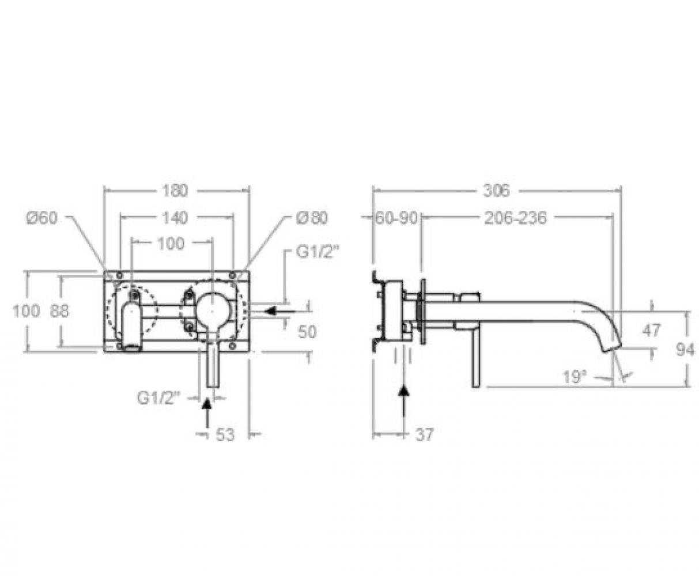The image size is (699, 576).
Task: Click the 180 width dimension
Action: click(175, 191)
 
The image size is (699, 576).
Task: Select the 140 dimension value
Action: click(175, 218)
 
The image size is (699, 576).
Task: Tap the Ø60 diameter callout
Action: click(42, 218)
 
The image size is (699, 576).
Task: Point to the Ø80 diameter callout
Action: click(312, 218)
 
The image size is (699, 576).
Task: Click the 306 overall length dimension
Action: click(497, 191)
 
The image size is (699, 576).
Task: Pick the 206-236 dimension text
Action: click(516, 218)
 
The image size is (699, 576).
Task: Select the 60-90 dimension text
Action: click(396, 218)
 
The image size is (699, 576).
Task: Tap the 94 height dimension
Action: click(685, 350)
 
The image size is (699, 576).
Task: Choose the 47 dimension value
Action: click(652, 331)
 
